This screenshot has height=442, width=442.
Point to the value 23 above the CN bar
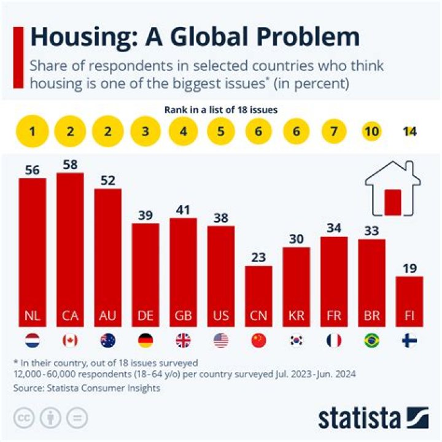click(x=258, y=257)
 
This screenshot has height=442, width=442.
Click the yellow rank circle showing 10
click(x=372, y=131)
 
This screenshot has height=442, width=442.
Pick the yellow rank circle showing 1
click(x=33, y=131)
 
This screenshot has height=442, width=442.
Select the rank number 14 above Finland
click(x=409, y=131)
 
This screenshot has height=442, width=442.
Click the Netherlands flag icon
click(x=33, y=339)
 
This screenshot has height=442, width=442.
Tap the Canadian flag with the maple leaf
click(x=70, y=339)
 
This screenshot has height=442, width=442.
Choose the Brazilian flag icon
click(x=372, y=339)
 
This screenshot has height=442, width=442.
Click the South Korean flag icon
click(x=297, y=339)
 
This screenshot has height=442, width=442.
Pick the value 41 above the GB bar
click(x=183, y=209)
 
